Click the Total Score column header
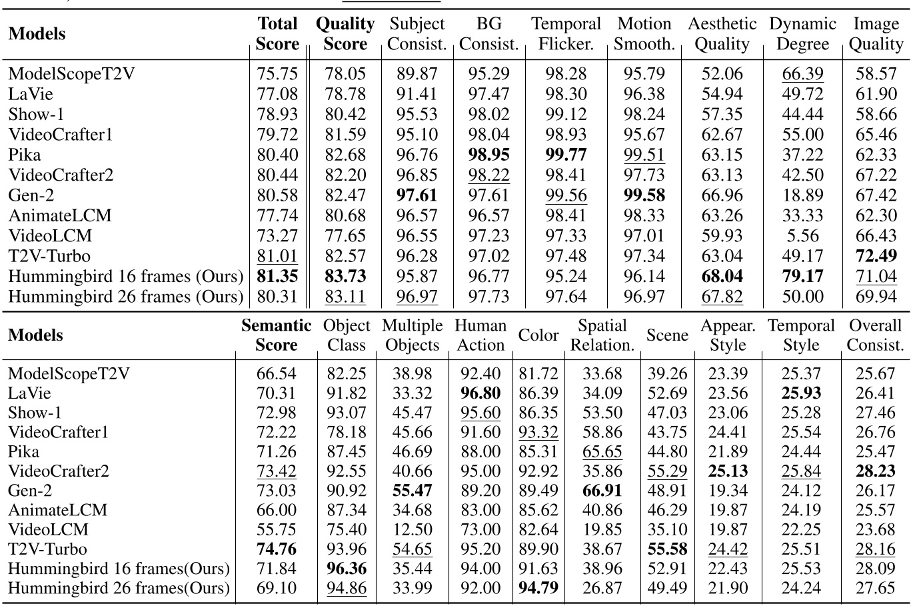click(x=277, y=34)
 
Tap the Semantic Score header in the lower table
click(x=276, y=335)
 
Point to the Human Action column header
click(x=480, y=335)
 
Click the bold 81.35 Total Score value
click(x=277, y=276)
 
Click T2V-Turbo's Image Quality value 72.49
click(x=876, y=256)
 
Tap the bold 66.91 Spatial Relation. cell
click(x=602, y=491)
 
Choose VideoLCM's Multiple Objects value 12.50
click(x=412, y=530)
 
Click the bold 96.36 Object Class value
click(x=347, y=569)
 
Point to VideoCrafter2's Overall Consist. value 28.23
click(x=876, y=471)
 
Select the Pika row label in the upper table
click(x=25, y=155)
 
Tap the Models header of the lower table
click(x=36, y=335)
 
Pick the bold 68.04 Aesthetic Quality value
click(x=722, y=276)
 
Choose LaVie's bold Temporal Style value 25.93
click(x=800, y=393)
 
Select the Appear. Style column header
click(x=728, y=335)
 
